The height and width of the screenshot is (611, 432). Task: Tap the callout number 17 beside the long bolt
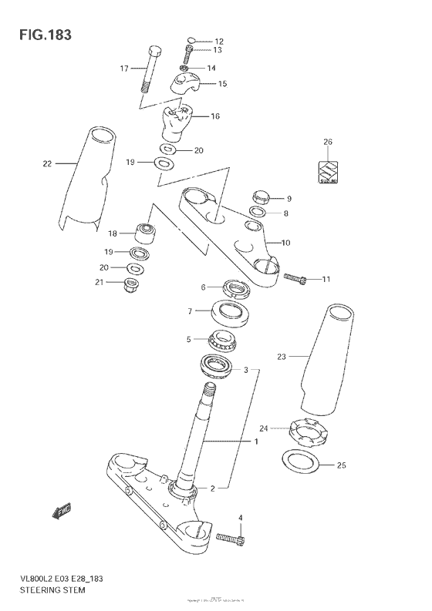click(123, 69)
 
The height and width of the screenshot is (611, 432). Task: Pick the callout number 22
click(48, 163)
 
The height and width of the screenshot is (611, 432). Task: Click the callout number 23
click(281, 356)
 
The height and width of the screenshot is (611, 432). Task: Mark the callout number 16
click(215, 117)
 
